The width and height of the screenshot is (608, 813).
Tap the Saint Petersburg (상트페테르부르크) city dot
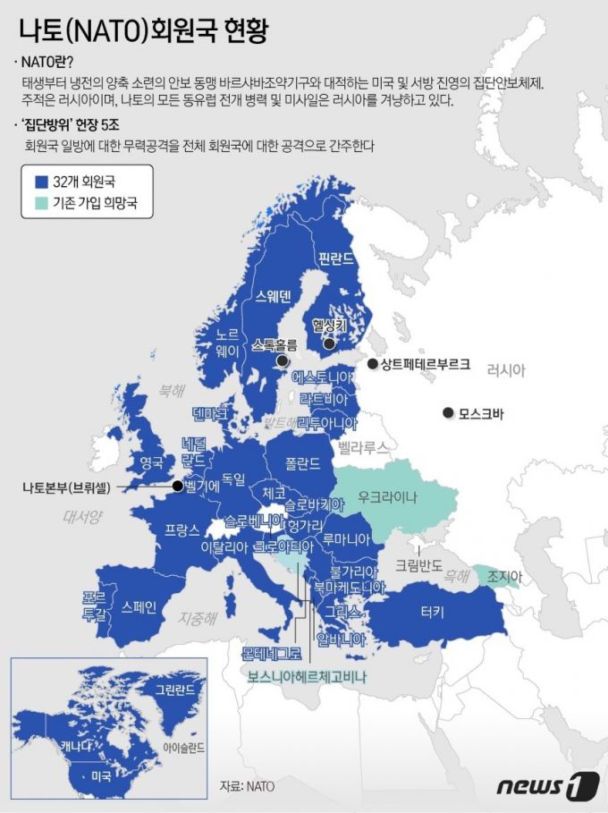[x=372, y=364]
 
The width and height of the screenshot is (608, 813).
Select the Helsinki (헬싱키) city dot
[x=329, y=343]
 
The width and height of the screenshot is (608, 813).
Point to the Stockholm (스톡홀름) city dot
[x=283, y=360]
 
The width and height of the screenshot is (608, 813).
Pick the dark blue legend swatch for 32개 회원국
[x=39, y=181]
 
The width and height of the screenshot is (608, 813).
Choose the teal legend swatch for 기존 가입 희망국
[x=39, y=204]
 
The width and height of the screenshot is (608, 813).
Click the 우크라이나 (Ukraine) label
[x=387, y=496]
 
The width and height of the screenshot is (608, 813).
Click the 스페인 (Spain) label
[x=139, y=607]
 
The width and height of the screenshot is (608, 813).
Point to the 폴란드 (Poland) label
[x=302, y=463]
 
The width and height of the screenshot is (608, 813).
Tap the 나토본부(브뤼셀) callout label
[x=67, y=487]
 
